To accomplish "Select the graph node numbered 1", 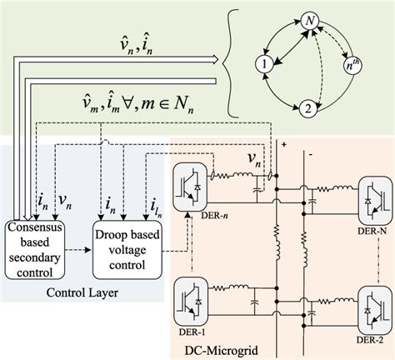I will [263, 62].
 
